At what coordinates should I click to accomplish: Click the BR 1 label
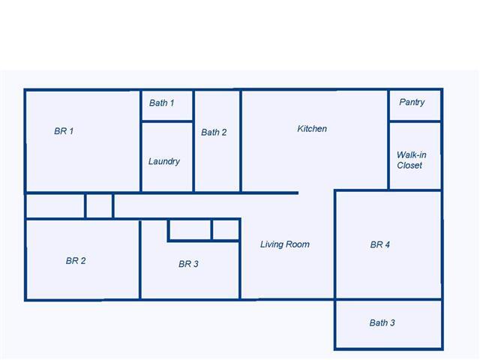pyautogui.click(x=64, y=131)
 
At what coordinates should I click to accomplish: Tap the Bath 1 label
pyautogui.click(x=162, y=103)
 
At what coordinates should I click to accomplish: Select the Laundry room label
pyautogui.click(x=164, y=162)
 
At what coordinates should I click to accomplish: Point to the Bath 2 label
pyautogui.click(x=214, y=132)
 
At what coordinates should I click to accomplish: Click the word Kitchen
pyautogui.click(x=312, y=128)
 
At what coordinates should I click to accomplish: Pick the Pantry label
pyautogui.click(x=412, y=102)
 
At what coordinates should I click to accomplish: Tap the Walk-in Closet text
pyautogui.click(x=412, y=160)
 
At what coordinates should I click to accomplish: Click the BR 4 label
pyautogui.click(x=380, y=244)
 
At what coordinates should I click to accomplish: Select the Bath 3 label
pyautogui.click(x=382, y=322)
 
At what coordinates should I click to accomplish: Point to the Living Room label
pyautogui.click(x=285, y=244)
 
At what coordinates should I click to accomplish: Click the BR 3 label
pyautogui.click(x=188, y=264)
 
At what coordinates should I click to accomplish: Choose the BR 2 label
pyautogui.click(x=76, y=261)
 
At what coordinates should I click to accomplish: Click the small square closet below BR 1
pyautogui.click(x=99, y=206)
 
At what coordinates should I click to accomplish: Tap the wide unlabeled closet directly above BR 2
pyautogui.click(x=55, y=206)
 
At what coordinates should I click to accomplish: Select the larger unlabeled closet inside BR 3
pyautogui.click(x=190, y=229)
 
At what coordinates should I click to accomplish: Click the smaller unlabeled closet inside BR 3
pyautogui.click(x=226, y=229)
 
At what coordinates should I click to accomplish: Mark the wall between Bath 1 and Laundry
pyautogui.click(x=167, y=121)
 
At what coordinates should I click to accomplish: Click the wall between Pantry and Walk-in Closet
pyautogui.click(x=415, y=121)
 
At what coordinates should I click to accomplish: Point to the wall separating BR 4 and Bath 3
pyautogui.click(x=388, y=299)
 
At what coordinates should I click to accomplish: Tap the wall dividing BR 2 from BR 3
pyautogui.click(x=140, y=259)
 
